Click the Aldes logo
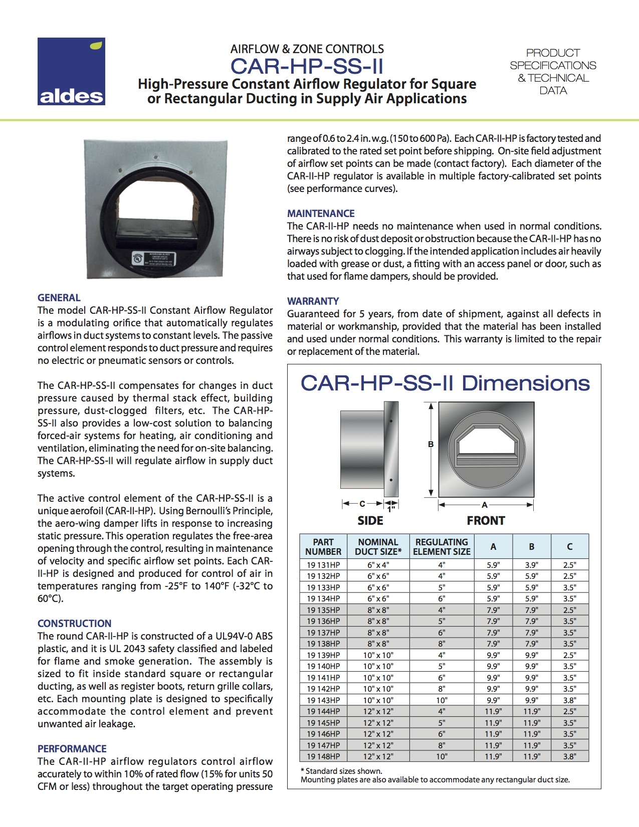click(71, 71)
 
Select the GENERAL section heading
click(59, 298)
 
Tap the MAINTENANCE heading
click(321, 214)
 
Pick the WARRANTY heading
click(313, 301)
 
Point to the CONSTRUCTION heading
click(75, 624)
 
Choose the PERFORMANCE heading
click(72, 749)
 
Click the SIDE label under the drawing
click(370, 521)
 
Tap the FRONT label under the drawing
click(486, 521)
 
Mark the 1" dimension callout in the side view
click(391, 510)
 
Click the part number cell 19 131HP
click(323, 565)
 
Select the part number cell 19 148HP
click(323, 756)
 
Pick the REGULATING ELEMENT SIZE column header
click(442, 547)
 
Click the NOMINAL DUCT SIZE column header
click(378, 547)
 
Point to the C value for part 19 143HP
click(569, 700)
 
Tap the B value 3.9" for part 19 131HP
click(531, 565)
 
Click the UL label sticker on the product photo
click(153, 259)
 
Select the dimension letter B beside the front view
click(431, 445)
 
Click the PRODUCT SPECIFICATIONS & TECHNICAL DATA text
click(553, 72)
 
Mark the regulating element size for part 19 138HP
click(442, 644)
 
